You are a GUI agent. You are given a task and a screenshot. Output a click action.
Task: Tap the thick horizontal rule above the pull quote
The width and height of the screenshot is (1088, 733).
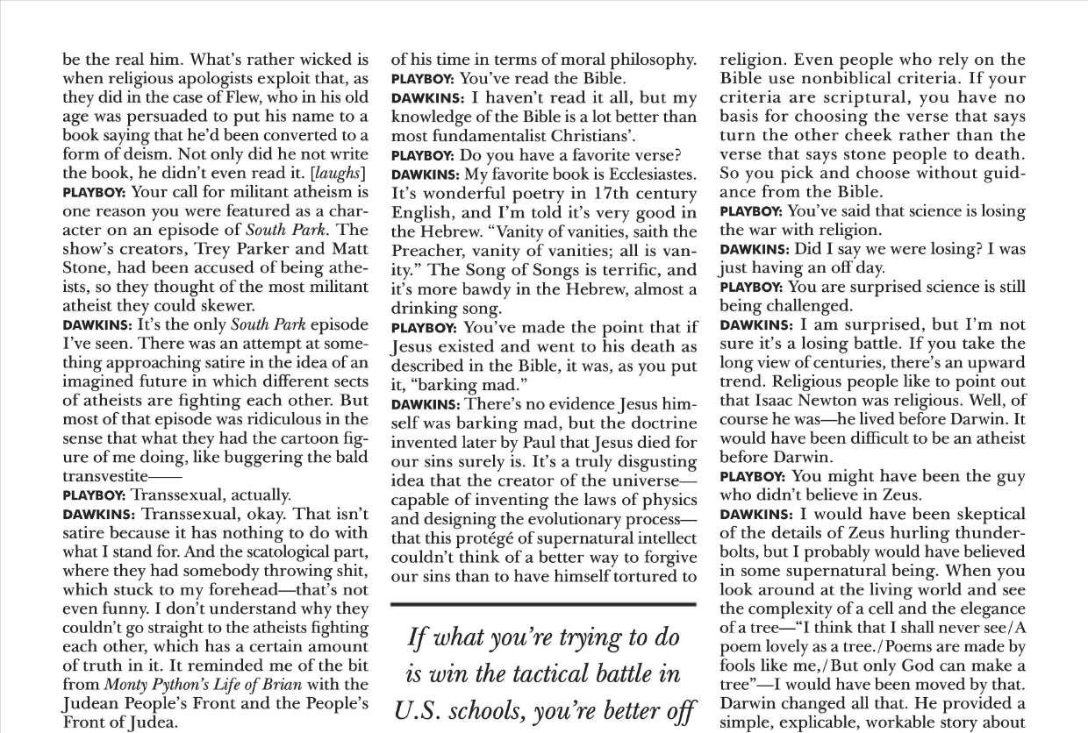(542, 604)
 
